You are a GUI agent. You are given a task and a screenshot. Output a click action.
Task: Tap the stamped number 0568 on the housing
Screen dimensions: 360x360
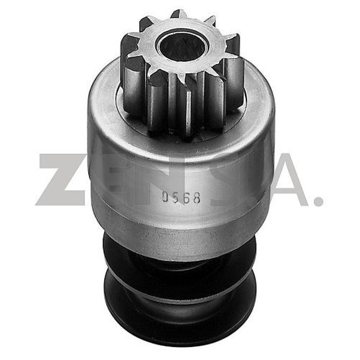coord(181,197)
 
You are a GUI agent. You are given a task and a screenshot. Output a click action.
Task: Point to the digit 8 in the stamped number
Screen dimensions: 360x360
coord(196,197)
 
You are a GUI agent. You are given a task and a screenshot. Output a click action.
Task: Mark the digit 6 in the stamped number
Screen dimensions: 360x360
coord(186,197)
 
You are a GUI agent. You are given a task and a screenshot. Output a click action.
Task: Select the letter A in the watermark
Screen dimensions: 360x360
coord(282,179)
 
